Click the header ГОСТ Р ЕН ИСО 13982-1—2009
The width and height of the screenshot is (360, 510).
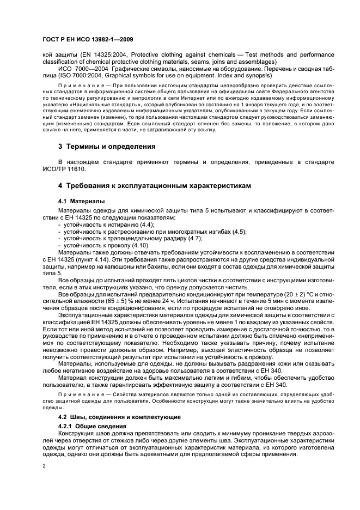pos(88,39)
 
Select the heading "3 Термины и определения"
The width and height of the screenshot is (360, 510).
pos(107,147)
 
